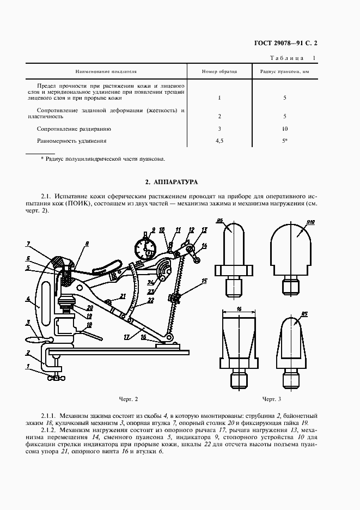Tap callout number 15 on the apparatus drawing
(204, 281)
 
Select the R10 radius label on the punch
(312, 222)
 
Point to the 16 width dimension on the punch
(239, 308)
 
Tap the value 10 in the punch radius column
(284, 129)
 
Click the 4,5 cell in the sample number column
(219, 141)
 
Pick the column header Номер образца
(219, 71)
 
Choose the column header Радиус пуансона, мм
(284, 71)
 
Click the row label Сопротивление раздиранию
(74, 129)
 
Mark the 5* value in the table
(285, 141)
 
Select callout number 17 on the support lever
(126, 337)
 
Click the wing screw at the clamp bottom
(55, 378)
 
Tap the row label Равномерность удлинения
(72, 141)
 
